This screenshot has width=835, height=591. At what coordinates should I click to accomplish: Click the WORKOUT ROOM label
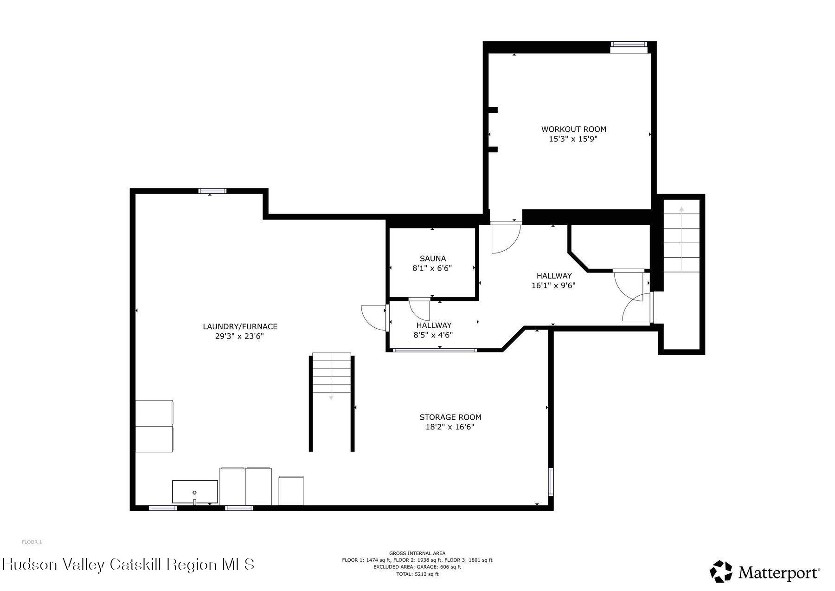pos(573,129)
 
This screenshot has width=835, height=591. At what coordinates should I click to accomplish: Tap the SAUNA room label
pos(432,259)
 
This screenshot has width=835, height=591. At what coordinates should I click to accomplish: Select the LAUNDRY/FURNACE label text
pos(240,326)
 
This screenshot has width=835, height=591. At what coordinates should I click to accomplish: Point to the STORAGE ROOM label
pos(450,417)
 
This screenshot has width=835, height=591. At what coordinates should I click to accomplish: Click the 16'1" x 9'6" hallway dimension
pos(553,286)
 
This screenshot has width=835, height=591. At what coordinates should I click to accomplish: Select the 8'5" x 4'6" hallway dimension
pos(433,335)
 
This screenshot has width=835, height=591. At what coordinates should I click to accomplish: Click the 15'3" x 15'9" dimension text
pos(573,139)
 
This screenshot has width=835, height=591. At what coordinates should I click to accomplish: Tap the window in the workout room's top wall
pos(629,45)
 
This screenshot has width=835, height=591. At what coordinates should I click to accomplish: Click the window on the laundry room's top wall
pos(212,191)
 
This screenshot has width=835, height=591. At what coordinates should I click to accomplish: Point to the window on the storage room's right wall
pos(551,481)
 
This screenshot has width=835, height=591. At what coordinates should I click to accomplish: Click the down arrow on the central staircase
pos(331,397)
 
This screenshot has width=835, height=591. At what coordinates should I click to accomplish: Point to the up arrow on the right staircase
pos(681,209)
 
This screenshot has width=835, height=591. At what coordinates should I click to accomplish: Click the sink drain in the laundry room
pos(195,493)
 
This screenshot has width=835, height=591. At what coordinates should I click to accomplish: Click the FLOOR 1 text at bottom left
pos(32,542)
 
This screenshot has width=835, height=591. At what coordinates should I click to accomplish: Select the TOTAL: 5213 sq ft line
pos(417,574)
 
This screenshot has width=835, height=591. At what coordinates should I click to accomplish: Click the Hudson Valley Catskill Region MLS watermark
pos(128,565)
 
